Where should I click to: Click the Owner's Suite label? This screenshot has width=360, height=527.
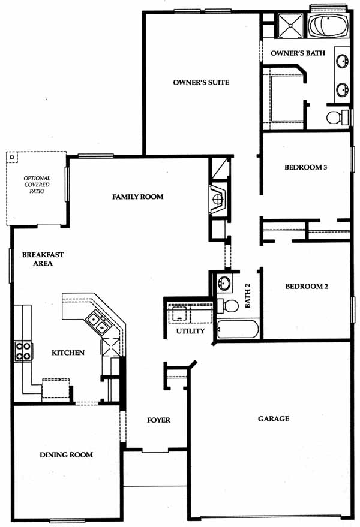tap(201, 82)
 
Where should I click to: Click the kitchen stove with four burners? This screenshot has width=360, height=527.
tap(23, 351)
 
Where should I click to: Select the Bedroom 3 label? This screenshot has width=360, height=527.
tap(305, 167)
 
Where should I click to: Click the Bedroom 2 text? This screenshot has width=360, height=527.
tap(307, 287)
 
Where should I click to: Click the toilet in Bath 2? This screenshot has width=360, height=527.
tap(228, 306)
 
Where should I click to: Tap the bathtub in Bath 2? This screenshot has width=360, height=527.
tap(238, 329)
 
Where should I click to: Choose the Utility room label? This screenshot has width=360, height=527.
tap(190, 331)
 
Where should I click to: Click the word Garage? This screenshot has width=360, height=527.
tap(273, 418)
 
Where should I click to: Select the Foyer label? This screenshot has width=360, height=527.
tap(158, 420)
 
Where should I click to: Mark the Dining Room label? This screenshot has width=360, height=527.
tap(66, 455)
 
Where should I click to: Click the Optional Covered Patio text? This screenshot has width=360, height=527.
tap(37, 185)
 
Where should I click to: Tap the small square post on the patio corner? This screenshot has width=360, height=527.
tap(12, 157)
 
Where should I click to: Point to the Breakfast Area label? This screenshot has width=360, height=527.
tap(43, 259)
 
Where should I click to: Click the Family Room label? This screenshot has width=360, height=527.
tap(137, 197)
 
